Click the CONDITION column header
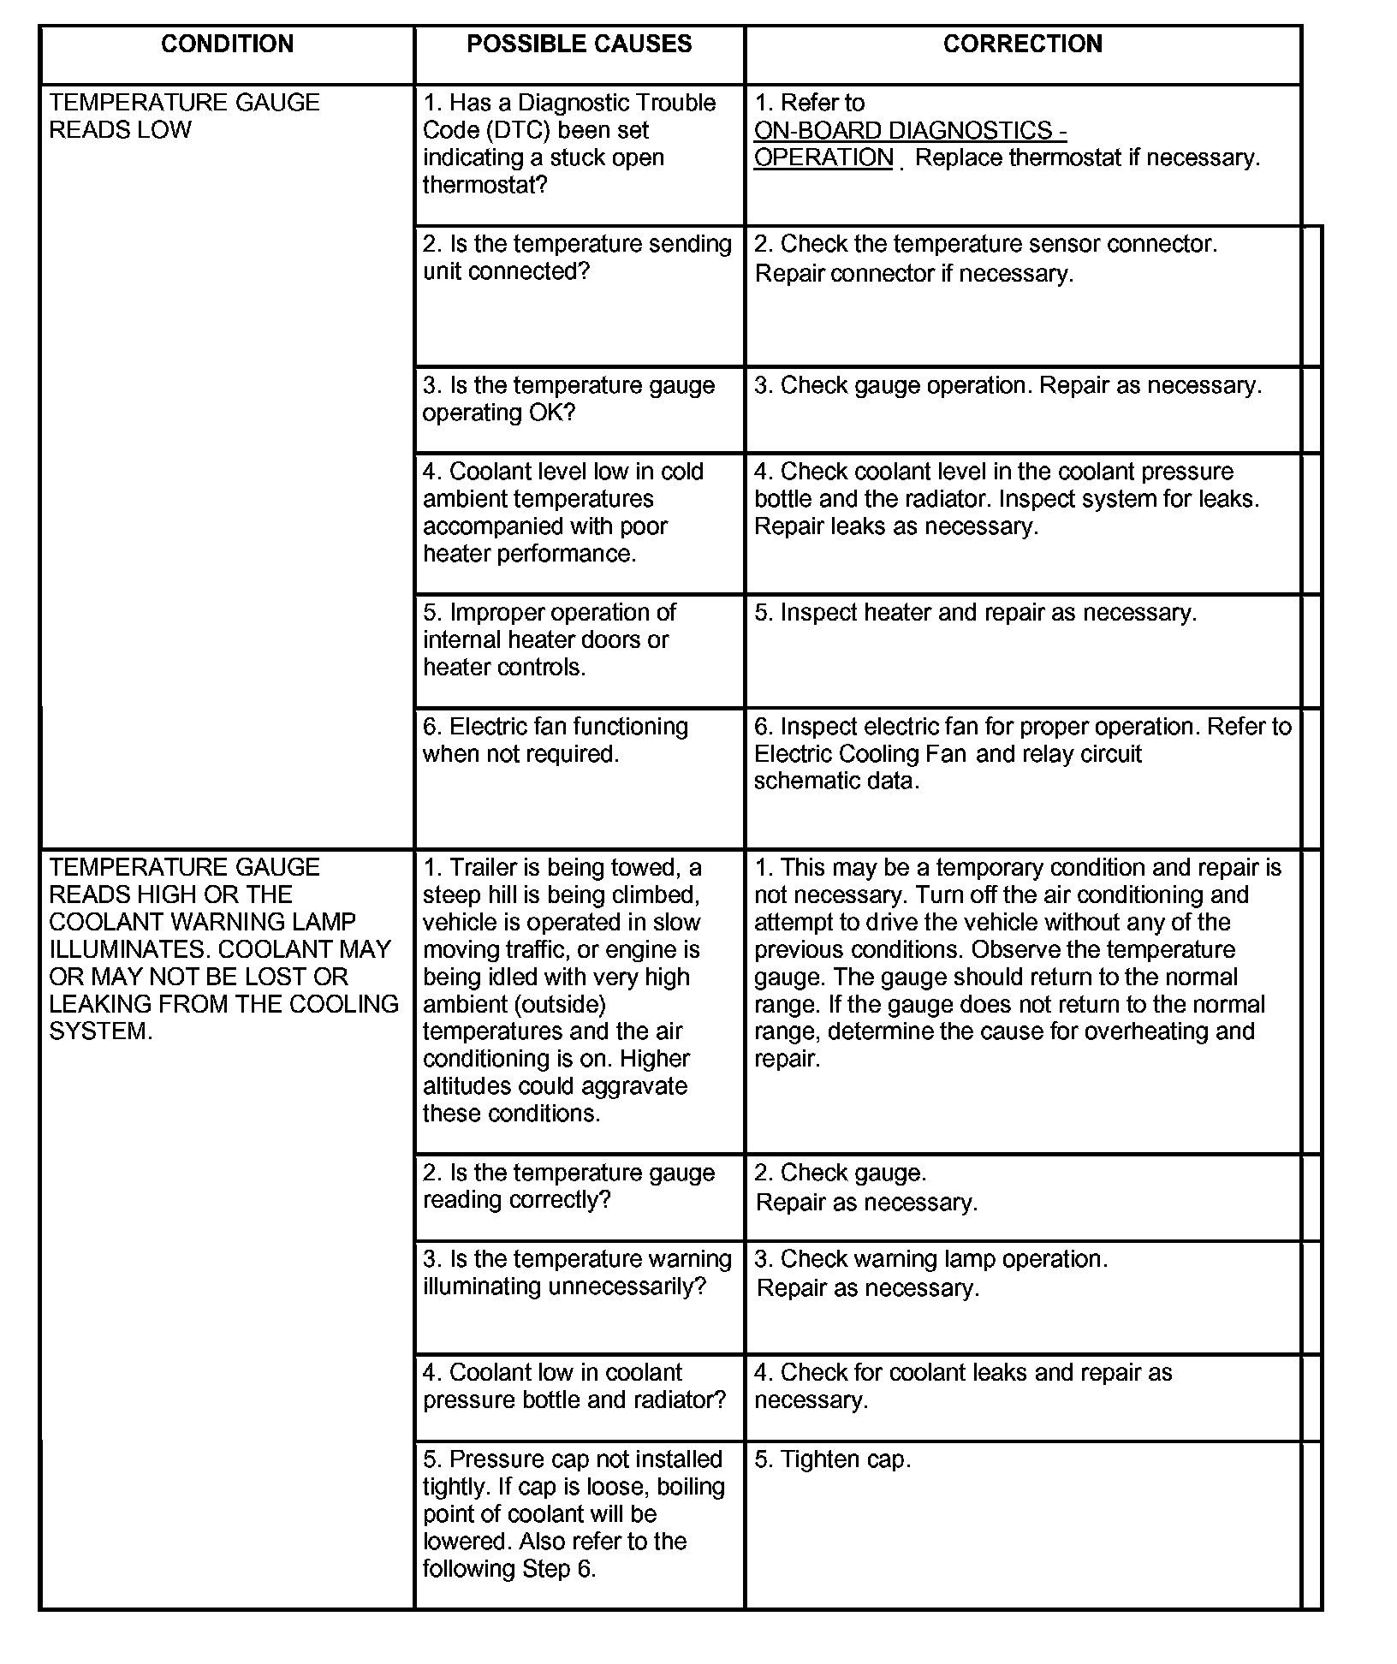(227, 45)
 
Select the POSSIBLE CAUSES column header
(579, 45)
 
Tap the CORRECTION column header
(1022, 45)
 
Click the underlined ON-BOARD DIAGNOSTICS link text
(910, 131)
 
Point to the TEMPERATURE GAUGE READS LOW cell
(184, 116)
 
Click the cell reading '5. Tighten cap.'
(832, 1459)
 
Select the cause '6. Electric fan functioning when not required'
(556, 740)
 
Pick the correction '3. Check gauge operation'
(1007, 385)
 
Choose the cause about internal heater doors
(549, 640)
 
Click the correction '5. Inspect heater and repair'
(975, 613)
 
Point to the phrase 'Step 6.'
(561, 1569)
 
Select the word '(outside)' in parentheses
(559, 1004)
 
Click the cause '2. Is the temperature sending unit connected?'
(577, 258)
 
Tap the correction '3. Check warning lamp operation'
(930, 1259)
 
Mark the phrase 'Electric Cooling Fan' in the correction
(860, 754)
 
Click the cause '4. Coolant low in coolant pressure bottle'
(574, 1386)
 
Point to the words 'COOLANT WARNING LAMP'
(202, 922)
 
